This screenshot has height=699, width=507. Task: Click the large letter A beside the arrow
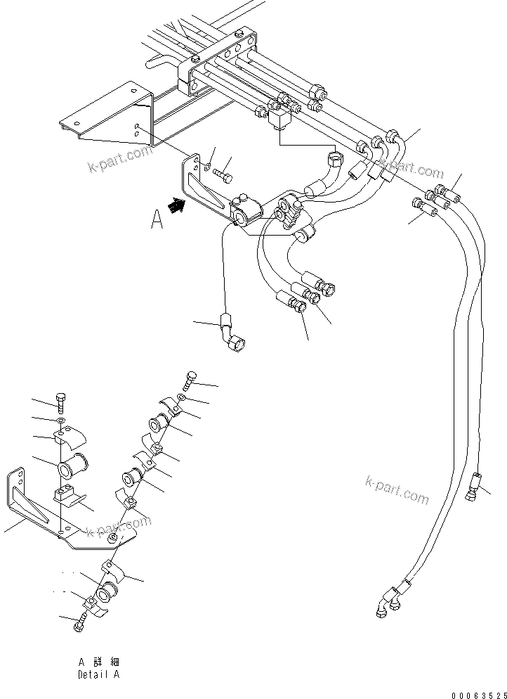point(157,221)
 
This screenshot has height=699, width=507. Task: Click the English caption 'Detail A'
point(98,674)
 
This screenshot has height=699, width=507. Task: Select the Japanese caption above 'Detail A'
point(98,662)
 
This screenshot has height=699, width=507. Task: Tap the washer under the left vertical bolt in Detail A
point(61,421)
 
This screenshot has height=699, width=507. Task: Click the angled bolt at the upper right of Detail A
point(190,380)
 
